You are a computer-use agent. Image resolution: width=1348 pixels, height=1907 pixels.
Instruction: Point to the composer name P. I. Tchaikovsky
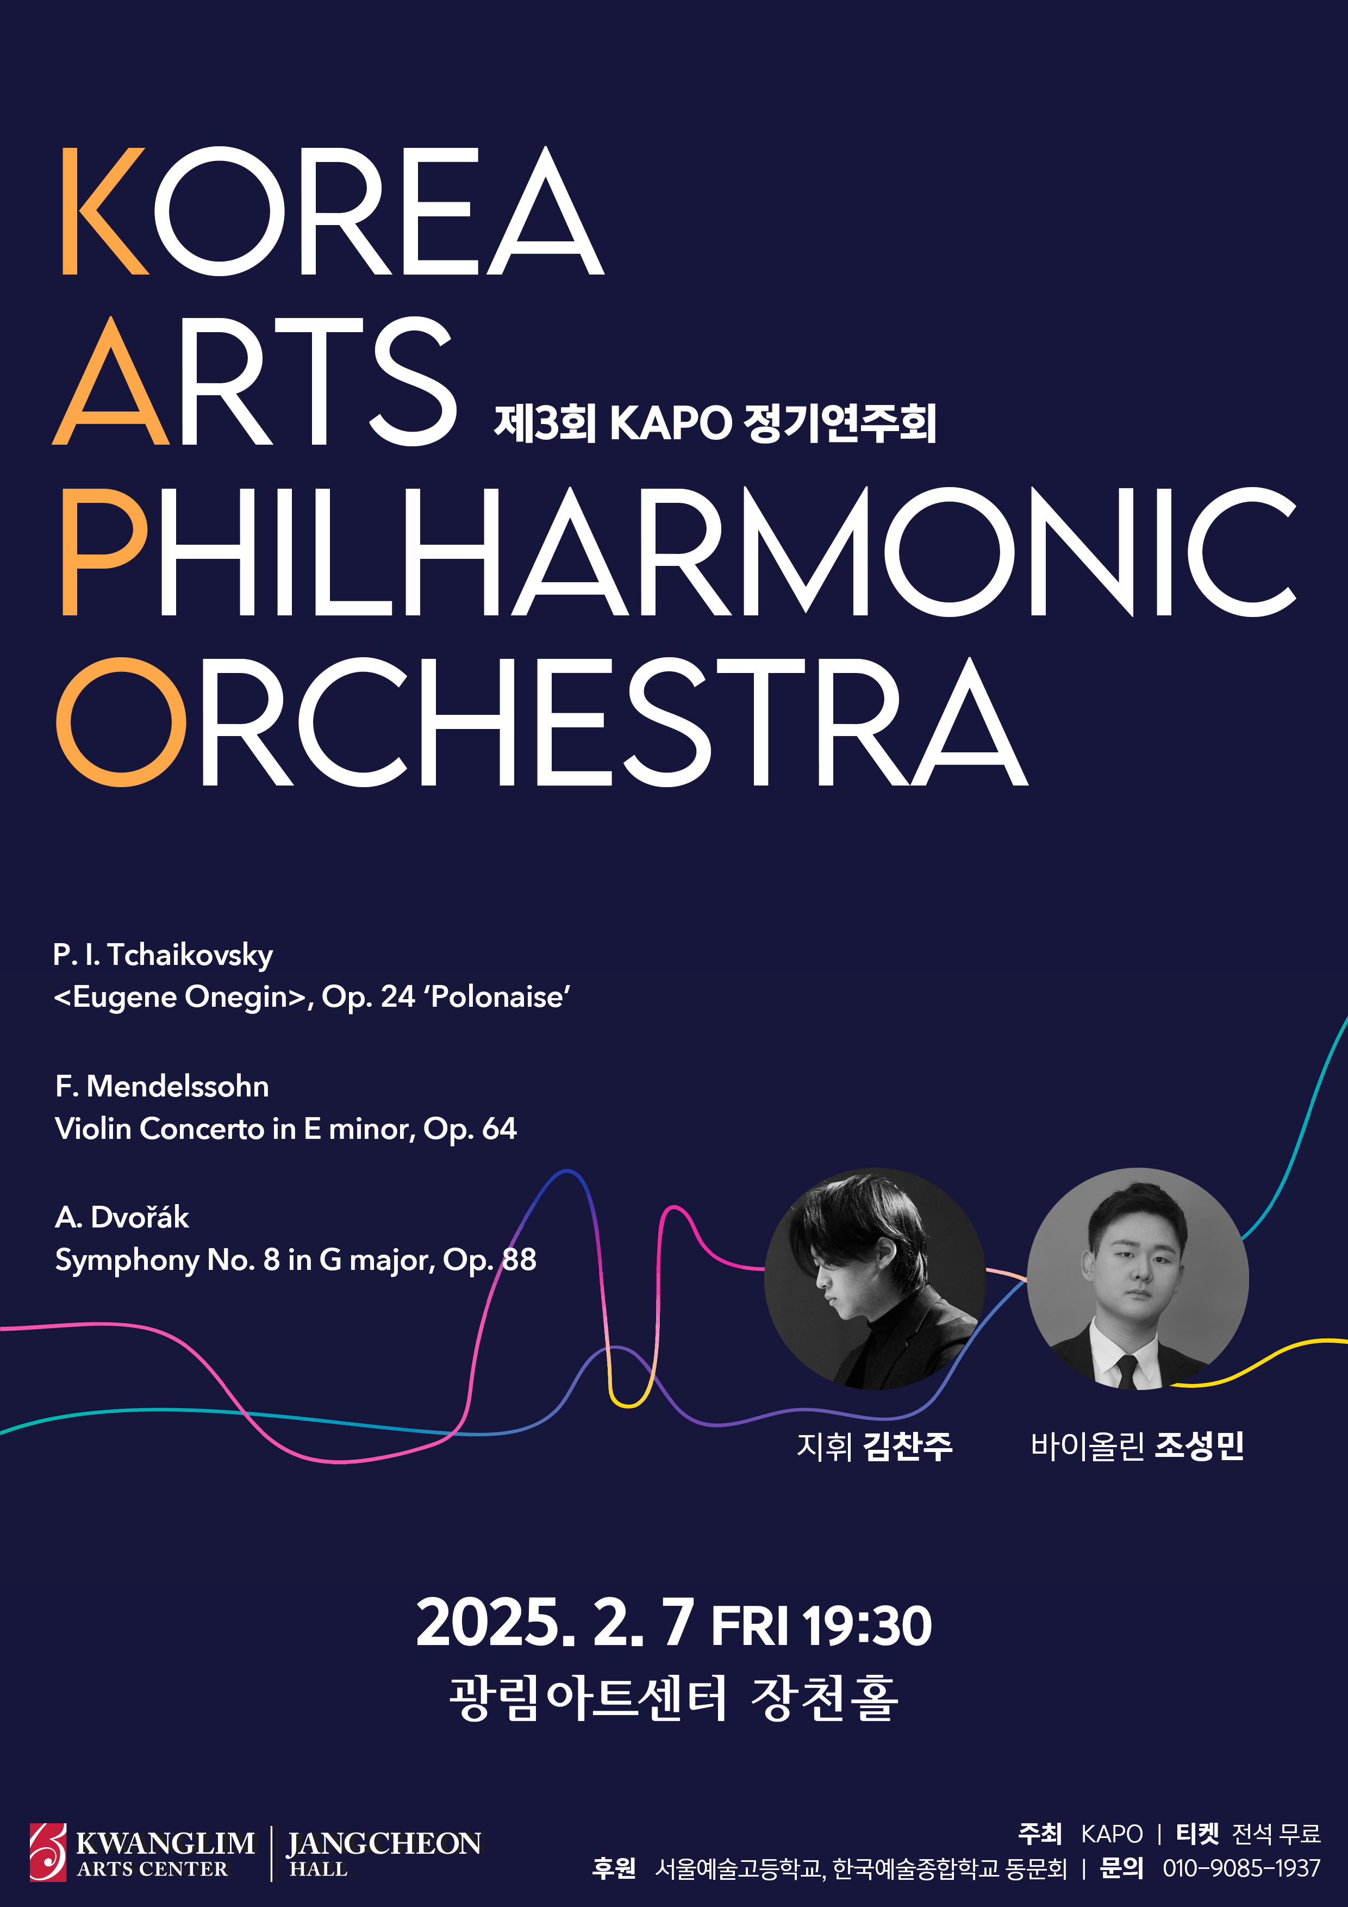(x=163, y=955)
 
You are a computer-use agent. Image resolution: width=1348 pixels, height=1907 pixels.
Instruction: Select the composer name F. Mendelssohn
(x=162, y=1086)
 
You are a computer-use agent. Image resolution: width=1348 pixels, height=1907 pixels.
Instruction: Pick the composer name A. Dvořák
(x=122, y=1217)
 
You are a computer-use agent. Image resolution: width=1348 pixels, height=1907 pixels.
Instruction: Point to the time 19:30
(x=867, y=1626)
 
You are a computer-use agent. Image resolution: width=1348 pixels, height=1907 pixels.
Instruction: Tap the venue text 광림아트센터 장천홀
(x=673, y=1699)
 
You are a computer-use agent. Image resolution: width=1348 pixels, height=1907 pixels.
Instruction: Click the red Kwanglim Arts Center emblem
(x=47, y=1852)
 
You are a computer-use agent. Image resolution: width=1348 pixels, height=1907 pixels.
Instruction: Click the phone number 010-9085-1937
(x=1241, y=1868)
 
